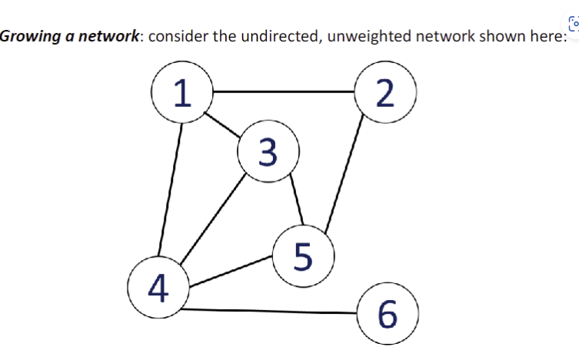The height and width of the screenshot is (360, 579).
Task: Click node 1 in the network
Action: (181, 92)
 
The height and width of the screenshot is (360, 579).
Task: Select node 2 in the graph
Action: (386, 92)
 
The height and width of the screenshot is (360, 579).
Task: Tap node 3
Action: (268, 153)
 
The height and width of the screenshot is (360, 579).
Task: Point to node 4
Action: (158, 287)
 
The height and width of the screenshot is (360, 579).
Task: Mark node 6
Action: (388, 313)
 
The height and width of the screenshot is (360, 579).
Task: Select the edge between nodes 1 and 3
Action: (224, 125)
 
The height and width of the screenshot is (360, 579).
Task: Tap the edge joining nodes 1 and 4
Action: (171, 188)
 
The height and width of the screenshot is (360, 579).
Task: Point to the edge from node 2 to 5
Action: (346, 174)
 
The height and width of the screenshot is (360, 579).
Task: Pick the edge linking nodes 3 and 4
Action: (213, 219)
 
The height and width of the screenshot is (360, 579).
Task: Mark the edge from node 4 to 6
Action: (269, 311)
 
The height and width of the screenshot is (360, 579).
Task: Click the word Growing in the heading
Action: (25, 36)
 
